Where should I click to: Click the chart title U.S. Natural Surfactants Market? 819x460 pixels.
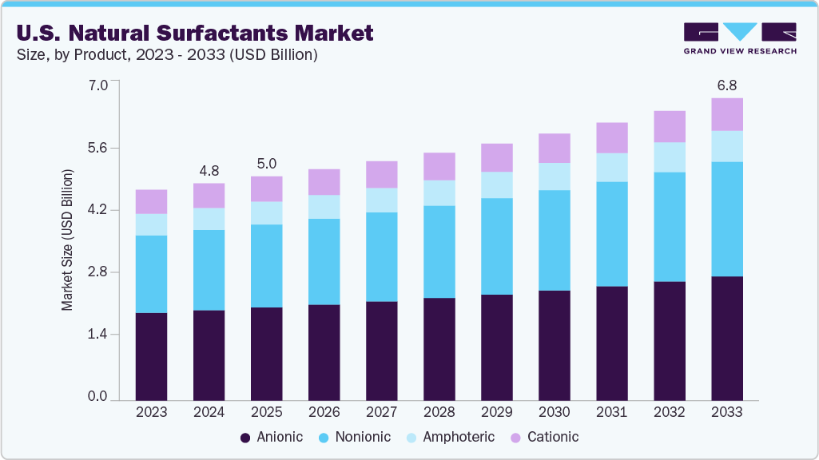click(x=194, y=33)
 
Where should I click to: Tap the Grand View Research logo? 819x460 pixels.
click(x=739, y=38)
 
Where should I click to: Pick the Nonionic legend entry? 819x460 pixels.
click(x=355, y=437)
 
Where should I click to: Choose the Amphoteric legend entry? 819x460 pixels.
click(x=451, y=437)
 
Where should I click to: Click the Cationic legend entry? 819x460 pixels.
click(x=544, y=437)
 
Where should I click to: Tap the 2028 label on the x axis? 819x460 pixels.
click(x=439, y=412)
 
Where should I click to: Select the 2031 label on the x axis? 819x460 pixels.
click(x=612, y=412)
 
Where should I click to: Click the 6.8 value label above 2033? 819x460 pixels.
click(x=726, y=84)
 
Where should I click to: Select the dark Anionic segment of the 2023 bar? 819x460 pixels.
click(x=151, y=355)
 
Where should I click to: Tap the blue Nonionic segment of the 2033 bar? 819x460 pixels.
click(x=727, y=219)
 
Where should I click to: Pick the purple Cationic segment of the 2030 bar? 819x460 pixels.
click(x=555, y=148)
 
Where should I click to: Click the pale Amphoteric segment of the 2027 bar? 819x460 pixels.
click(x=381, y=200)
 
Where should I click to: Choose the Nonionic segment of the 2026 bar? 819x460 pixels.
click(x=324, y=261)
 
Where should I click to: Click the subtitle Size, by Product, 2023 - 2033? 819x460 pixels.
click(x=168, y=54)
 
